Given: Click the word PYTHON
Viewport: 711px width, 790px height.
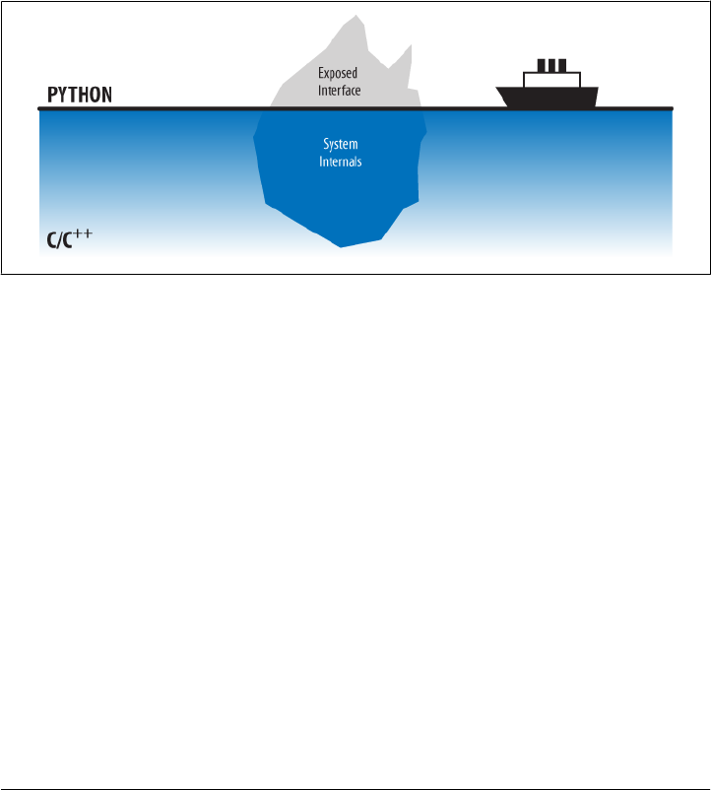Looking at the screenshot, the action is click(81, 96).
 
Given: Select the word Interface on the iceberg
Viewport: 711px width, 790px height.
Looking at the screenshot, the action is click(340, 90).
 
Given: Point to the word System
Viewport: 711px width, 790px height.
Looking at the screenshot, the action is click(341, 144).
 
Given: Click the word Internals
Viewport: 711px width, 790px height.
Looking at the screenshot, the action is click(341, 161).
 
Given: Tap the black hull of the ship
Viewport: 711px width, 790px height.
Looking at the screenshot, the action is click(548, 98).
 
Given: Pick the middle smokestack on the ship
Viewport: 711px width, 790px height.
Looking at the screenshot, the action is click(551, 66).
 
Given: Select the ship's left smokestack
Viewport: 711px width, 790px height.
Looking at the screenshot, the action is click(541, 66).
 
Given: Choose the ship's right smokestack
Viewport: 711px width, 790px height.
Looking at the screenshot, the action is click(562, 66).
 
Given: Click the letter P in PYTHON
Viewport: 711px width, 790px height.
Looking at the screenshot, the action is click(54, 96).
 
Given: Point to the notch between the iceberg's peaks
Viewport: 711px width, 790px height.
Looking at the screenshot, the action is click(388, 67).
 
